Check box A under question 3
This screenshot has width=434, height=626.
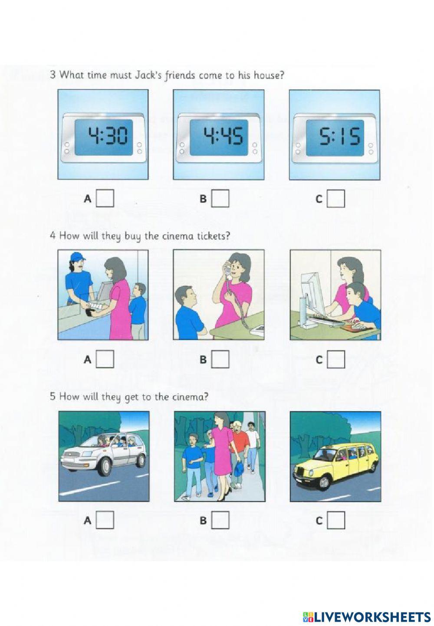tap(105, 199)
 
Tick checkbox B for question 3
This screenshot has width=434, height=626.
tap(220, 199)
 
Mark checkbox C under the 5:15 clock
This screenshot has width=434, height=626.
tap(336, 199)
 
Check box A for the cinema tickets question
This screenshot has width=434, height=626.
tap(105, 360)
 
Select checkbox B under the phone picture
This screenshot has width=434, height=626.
tap(220, 360)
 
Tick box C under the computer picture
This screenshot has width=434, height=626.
tap(336, 360)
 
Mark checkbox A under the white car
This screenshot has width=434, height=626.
tap(105, 520)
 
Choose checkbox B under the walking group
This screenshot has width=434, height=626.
tap(220, 520)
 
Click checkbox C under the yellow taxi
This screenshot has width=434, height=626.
tap(336, 520)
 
